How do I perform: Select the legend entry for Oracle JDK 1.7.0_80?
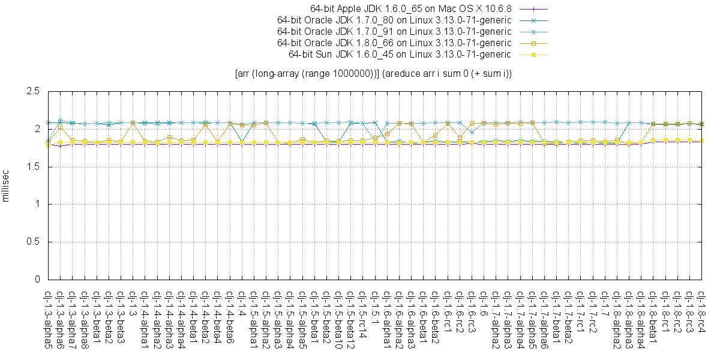point(394,20)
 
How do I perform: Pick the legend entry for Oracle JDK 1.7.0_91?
point(394,32)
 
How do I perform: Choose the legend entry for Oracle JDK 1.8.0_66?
point(394,43)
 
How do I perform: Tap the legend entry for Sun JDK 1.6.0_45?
point(400,55)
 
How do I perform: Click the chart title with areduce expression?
point(373,74)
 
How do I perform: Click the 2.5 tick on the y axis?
point(33,92)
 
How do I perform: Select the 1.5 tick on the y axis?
point(33,167)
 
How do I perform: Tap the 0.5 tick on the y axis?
point(33,242)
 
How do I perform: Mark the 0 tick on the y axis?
point(37,280)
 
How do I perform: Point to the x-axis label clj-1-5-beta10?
point(338,318)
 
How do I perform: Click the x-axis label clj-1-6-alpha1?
point(387,318)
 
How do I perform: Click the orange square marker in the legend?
point(533,43)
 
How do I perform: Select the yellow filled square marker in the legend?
point(533,55)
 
